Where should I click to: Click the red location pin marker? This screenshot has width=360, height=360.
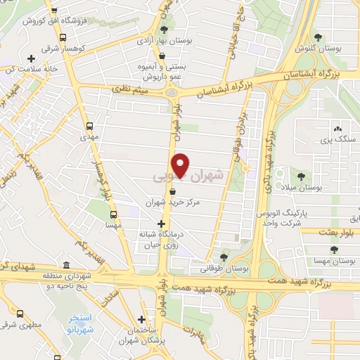pyautogui.click(x=181, y=165)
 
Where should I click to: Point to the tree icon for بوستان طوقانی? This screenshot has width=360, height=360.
pyautogui.click(x=224, y=257)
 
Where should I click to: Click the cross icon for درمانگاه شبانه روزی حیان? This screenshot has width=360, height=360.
pyautogui.click(x=161, y=224)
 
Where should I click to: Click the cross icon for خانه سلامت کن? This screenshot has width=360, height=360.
pyautogui.click(x=30, y=58)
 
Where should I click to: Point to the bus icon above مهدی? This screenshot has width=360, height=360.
pyautogui.click(x=89, y=127)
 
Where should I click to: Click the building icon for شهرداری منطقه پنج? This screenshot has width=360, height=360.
pyautogui.click(x=65, y=266)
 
